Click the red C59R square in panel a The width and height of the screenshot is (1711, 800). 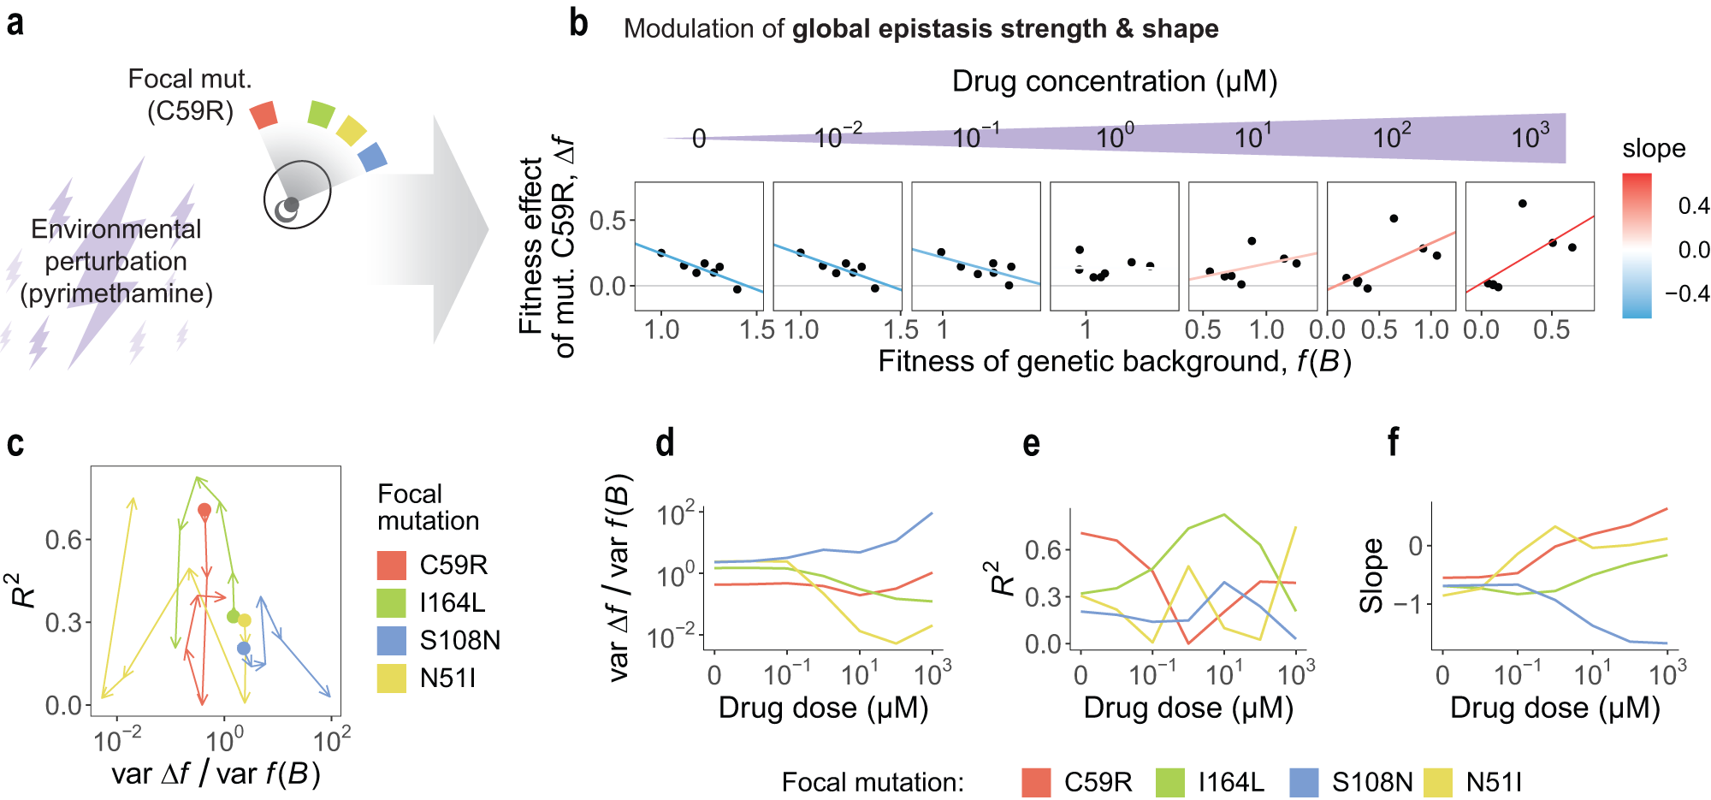(264, 115)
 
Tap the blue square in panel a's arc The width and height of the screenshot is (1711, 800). (372, 157)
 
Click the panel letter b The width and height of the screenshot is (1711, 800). (578, 23)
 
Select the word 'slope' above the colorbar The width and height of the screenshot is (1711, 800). (1653, 149)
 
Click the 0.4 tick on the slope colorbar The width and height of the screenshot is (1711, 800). (1692, 205)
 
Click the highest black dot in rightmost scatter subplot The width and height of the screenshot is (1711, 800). (1522, 204)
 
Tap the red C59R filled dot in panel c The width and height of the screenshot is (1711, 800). (204, 510)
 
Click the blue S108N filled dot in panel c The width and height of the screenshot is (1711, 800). (244, 649)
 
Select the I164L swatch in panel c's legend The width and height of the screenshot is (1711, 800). (392, 602)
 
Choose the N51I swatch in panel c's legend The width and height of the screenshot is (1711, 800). (392, 678)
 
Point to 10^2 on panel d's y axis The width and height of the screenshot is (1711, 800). (675, 515)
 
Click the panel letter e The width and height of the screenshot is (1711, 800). (1031, 444)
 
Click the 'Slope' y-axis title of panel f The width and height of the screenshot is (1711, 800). (1371, 575)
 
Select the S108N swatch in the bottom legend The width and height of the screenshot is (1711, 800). (1304, 782)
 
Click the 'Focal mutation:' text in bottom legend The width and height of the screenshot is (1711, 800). (872, 782)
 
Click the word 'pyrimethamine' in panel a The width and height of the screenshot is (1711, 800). (116, 293)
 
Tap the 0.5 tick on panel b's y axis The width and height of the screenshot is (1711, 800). (607, 221)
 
